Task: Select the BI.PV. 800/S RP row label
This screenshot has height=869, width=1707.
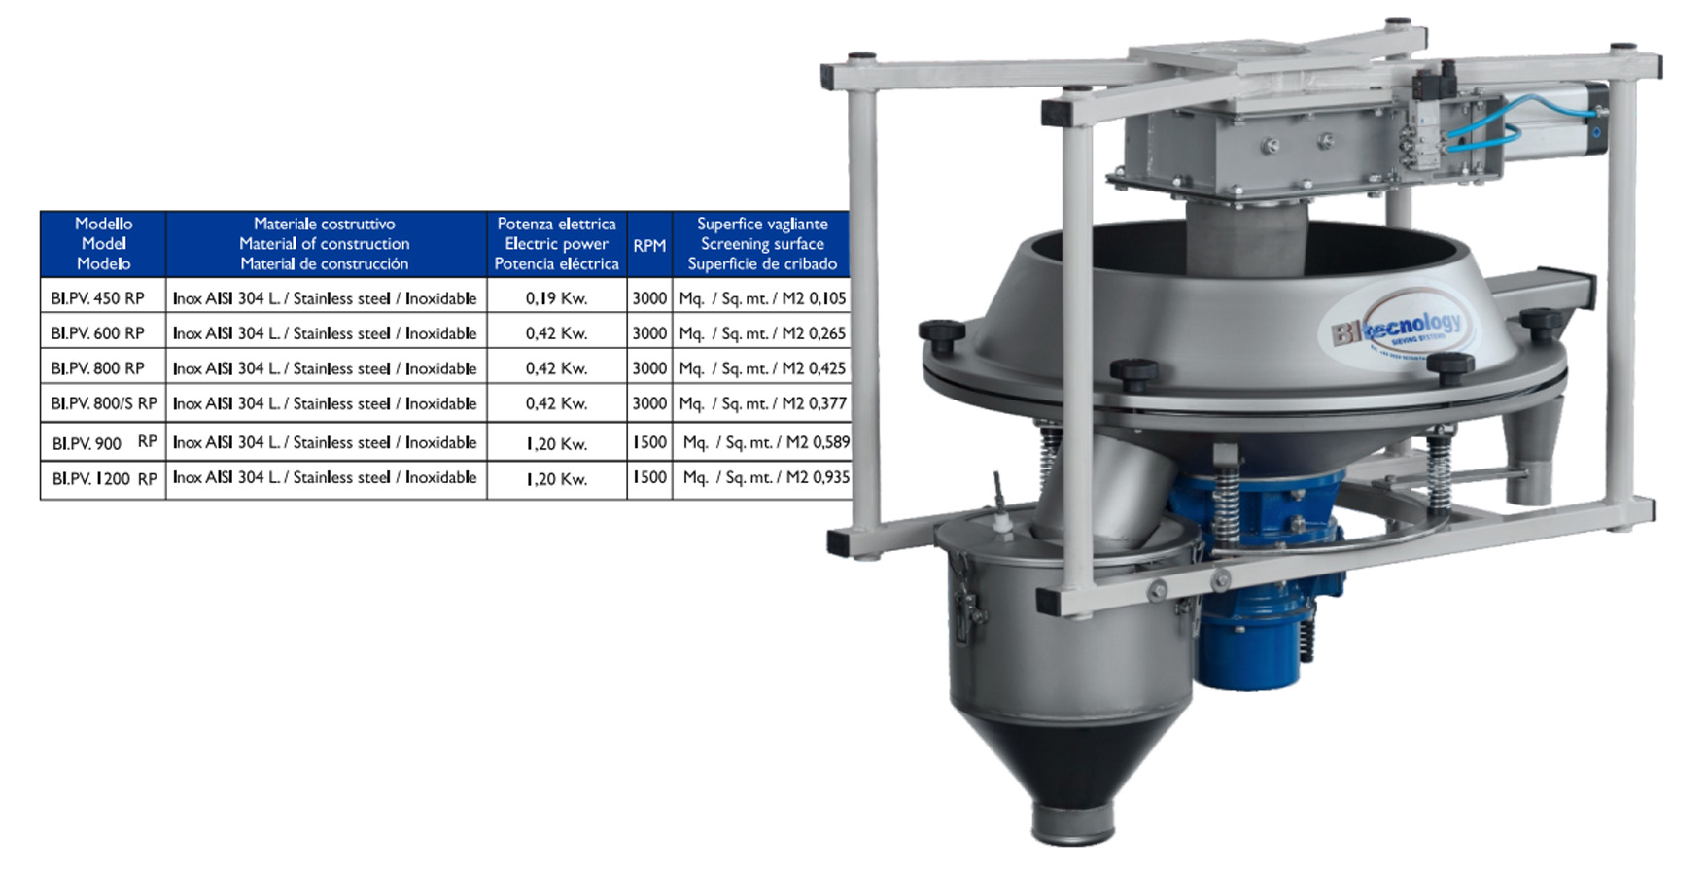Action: pyautogui.click(x=104, y=403)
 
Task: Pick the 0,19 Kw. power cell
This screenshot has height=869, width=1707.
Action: pyautogui.click(x=557, y=298)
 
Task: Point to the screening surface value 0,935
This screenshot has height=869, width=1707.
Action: pyautogui.click(x=830, y=477)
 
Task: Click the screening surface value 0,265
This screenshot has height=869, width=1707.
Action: pyautogui.click(x=828, y=333)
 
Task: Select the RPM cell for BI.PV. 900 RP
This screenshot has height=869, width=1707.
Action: pyautogui.click(x=649, y=442)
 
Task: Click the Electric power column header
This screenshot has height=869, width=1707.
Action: pyautogui.click(x=557, y=244)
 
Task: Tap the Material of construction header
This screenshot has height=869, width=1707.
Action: pyautogui.click(x=325, y=244)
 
